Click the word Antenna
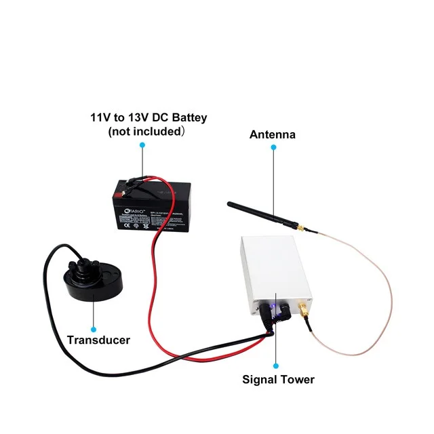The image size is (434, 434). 273,134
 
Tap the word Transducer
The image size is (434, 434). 98,340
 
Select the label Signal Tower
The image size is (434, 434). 279,379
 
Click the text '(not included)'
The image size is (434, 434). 146,132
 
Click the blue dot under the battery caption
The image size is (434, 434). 142,144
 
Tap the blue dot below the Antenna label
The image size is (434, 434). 273,147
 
